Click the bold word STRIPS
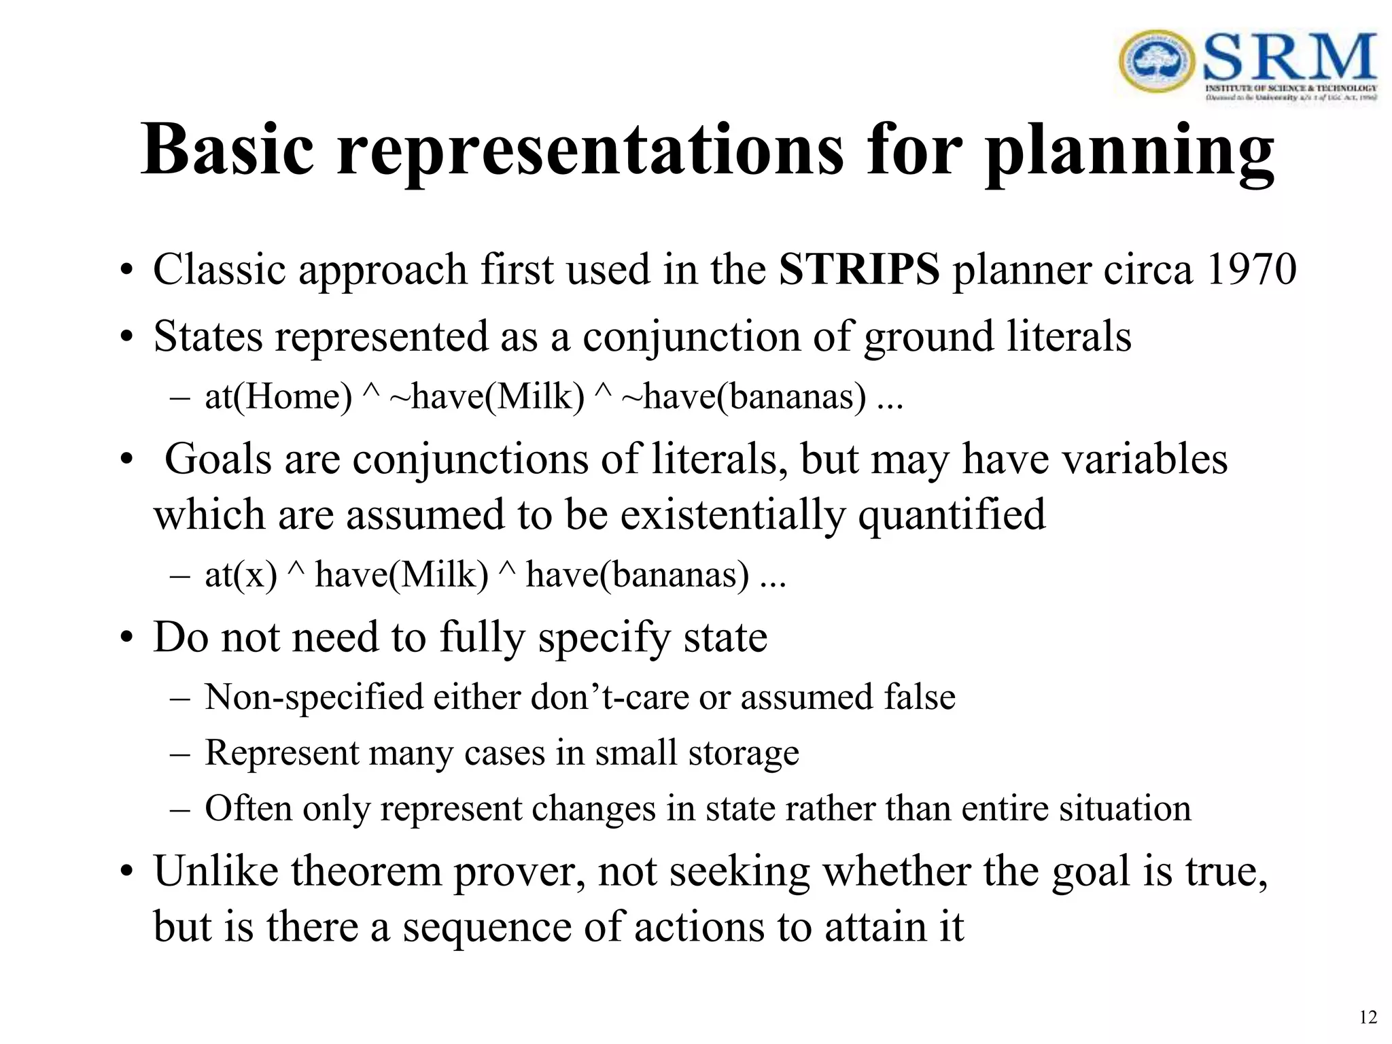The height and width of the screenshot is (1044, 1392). click(x=858, y=270)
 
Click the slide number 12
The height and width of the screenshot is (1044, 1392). click(x=1368, y=1017)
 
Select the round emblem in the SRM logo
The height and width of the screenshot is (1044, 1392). click(x=1155, y=61)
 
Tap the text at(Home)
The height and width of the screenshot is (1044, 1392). click(x=278, y=396)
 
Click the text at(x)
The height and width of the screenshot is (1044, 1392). click(x=241, y=575)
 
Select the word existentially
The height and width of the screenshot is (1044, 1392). click(x=732, y=515)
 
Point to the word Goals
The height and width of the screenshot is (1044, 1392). click(x=217, y=459)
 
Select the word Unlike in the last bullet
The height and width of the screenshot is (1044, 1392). click(x=215, y=871)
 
